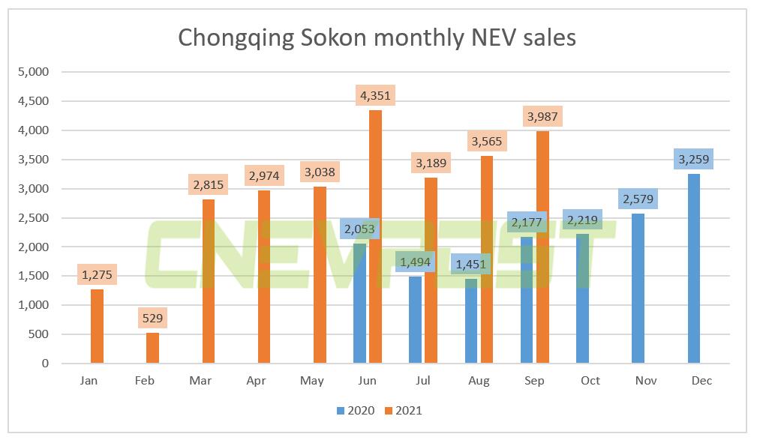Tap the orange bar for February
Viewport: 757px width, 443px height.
point(152,348)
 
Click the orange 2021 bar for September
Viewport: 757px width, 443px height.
point(542,247)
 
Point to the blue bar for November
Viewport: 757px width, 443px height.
point(638,289)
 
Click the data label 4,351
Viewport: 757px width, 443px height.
point(375,95)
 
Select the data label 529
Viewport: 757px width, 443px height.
point(152,318)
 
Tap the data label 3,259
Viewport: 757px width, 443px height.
point(694,159)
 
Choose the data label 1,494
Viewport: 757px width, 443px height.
point(415,262)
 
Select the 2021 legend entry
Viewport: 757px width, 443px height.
point(404,410)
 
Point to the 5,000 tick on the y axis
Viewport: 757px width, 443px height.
point(32,72)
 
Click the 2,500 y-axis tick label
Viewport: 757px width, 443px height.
point(32,218)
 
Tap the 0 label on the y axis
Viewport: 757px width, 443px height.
point(45,364)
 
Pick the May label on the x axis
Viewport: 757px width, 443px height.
point(311,381)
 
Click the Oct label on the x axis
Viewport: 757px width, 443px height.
point(590,381)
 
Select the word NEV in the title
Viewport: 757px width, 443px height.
point(491,37)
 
